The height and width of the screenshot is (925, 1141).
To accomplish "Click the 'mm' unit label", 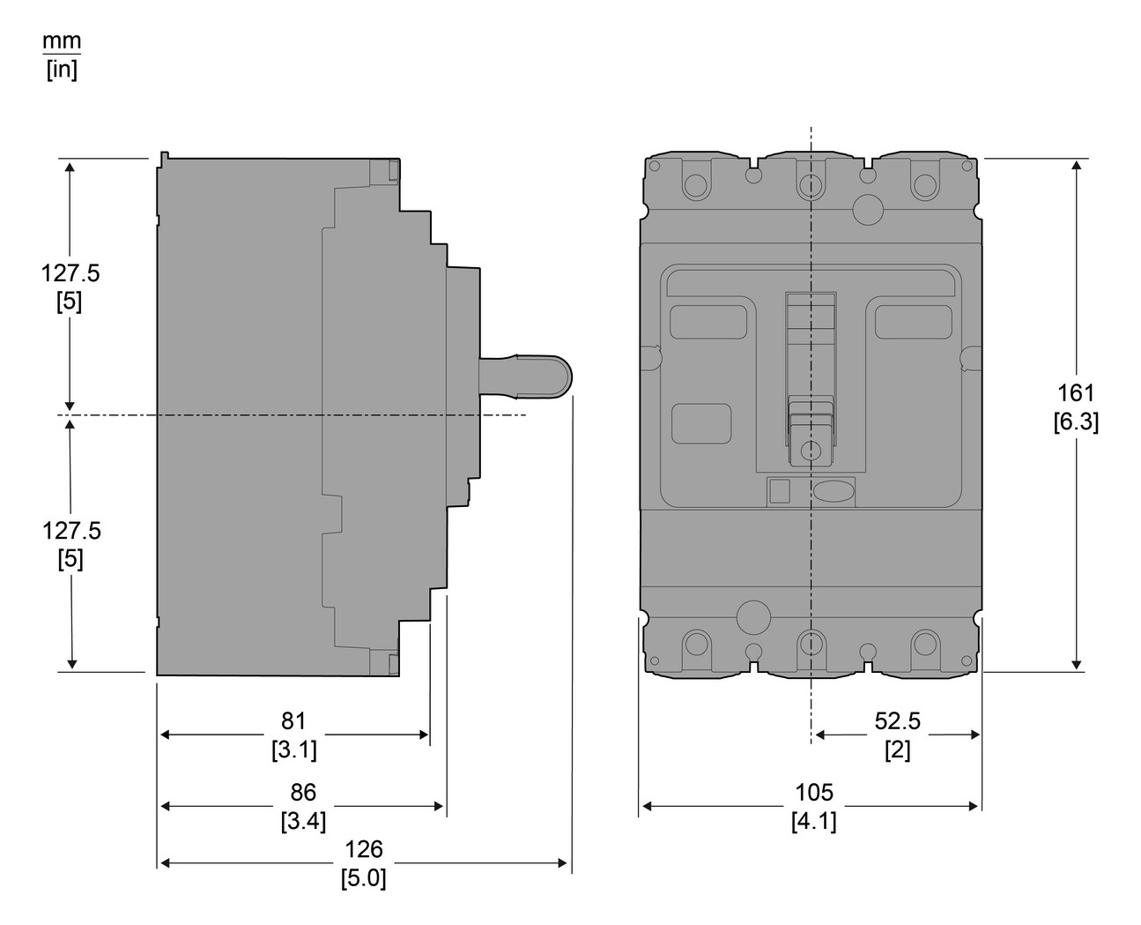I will [x=62, y=41].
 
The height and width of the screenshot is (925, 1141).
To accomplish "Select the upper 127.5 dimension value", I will [x=70, y=273].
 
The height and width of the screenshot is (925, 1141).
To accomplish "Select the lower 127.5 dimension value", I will [x=71, y=531].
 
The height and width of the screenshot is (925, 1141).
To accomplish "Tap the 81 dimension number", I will [x=293, y=721].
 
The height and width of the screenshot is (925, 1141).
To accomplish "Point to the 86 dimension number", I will [x=303, y=793].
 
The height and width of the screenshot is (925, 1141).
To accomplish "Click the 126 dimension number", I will [x=364, y=849].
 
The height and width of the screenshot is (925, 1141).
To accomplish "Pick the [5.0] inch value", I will [x=364, y=878].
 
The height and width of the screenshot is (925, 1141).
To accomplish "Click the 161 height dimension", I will [x=1076, y=393].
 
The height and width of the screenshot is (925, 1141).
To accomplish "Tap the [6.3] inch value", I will [x=1076, y=422].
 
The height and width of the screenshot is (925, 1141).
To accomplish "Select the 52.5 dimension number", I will [x=897, y=721].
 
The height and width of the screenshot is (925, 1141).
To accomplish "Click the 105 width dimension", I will [x=813, y=793].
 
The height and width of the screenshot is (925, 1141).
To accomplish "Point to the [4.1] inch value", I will [x=813, y=822].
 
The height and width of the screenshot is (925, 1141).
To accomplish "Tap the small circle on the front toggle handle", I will [x=808, y=452].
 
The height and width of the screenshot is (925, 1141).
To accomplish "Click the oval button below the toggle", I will [x=833, y=491].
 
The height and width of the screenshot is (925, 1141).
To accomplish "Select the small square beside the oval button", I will [x=779, y=491].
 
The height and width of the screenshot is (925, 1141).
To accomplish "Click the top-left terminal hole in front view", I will [x=695, y=186].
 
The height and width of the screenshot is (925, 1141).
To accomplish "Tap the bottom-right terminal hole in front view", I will [x=924, y=641].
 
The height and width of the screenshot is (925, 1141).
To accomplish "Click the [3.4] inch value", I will [x=303, y=822].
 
